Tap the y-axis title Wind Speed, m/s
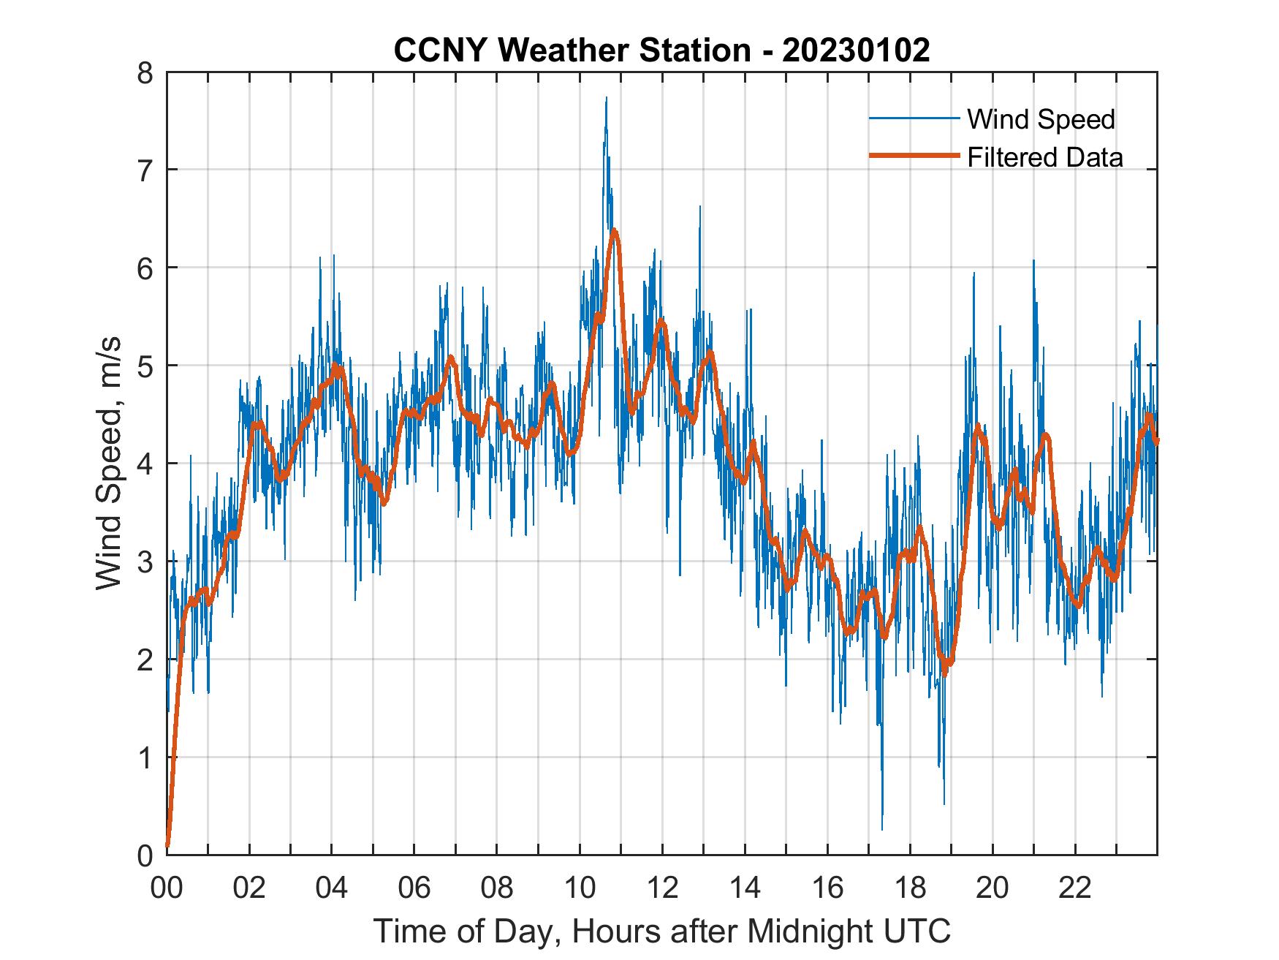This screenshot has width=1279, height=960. tap(109, 464)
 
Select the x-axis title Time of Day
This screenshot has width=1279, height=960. tap(661, 931)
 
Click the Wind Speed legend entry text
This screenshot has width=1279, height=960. tap(1041, 119)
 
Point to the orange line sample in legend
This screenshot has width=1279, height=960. tap(914, 156)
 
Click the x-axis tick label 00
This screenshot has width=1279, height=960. tap(167, 888)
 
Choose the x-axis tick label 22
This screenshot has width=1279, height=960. tap(1075, 888)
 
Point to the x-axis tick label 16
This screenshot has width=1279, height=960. tap(827, 888)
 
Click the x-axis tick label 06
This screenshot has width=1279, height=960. tap(414, 888)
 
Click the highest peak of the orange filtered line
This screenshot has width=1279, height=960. tap(614, 231)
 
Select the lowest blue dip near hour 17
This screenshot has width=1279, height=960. tap(882, 828)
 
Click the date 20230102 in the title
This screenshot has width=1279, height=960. tap(856, 50)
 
